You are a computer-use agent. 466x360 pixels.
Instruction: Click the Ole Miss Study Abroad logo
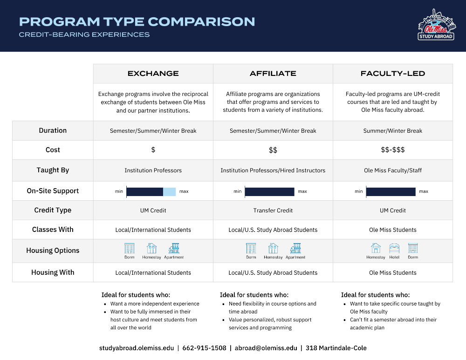[x=436, y=25]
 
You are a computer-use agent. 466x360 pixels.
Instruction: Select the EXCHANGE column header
[x=153, y=74]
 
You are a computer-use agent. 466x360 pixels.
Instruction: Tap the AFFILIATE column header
[x=273, y=74]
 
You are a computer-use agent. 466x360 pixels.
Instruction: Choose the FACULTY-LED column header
[x=393, y=74]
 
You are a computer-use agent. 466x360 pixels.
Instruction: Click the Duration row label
[x=53, y=130]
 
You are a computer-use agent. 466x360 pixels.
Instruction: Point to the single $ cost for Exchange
[x=153, y=150]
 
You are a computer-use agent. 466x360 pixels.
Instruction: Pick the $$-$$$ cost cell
[x=393, y=150]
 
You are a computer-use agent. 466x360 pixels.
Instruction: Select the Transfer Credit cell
[x=273, y=211]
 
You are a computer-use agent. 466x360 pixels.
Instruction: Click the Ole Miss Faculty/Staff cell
[x=393, y=170]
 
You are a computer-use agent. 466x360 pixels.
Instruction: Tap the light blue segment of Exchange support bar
[x=169, y=191]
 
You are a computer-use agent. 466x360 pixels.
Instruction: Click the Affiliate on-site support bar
[x=269, y=191]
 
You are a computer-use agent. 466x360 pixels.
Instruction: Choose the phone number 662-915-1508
[x=204, y=348]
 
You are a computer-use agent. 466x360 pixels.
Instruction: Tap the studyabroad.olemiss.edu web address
[x=137, y=348]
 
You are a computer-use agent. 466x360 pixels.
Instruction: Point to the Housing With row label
[x=53, y=272]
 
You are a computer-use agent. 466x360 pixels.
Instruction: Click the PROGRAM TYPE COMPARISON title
[x=137, y=21]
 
